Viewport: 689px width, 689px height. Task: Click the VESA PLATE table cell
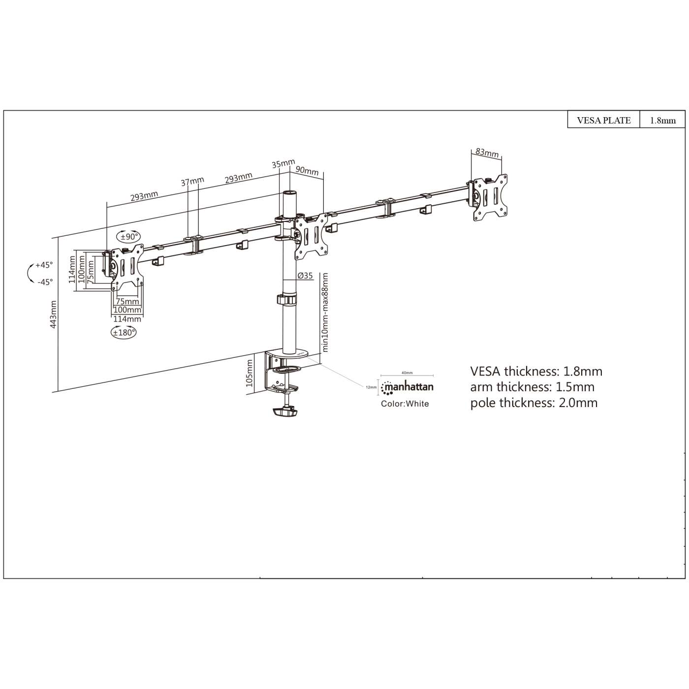pyautogui.click(x=603, y=120)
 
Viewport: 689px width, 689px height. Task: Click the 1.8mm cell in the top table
pyautogui.click(x=662, y=120)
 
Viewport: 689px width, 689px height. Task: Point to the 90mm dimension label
pyautogui.click(x=307, y=170)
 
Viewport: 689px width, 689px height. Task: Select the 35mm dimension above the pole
pyautogui.click(x=283, y=163)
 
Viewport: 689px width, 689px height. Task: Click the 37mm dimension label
pyautogui.click(x=192, y=182)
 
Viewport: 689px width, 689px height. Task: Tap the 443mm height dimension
pyautogui.click(x=54, y=314)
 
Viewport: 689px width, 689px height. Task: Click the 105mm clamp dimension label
pyautogui.click(x=249, y=373)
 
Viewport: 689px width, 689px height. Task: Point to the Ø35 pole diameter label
pyautogui.click(x=305, y=276)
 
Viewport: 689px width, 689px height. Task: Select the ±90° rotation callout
pyautogui.click(x=127, y=237)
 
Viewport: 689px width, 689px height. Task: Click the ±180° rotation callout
pyautogui.click(x=124, y=333)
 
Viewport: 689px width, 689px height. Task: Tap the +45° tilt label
pyautogui.click(x=44, y=265)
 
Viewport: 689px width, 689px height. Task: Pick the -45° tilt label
pyautogui.click(x=45, y=282)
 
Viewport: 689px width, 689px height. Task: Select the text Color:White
pyautogui.click(x=405, y=404)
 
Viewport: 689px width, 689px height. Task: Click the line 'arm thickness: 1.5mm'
pyautogui.click(x=532, y=387)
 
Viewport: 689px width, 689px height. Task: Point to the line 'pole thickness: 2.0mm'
pyautogui.click(x=533, y=403)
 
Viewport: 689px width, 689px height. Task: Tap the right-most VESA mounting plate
pyautogui.click(x=490, y=197)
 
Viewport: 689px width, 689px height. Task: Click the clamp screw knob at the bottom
pyautogui.click(x=285, y=411)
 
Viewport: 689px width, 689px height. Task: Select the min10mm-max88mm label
pyautogui.click(x=324, y=313)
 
